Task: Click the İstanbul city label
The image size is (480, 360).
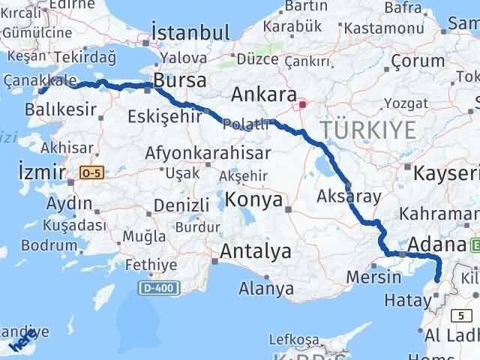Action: (x=190, y=32)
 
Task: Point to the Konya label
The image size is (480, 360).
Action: (x=254, y=200)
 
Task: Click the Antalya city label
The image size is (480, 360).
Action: (x=256, y=252)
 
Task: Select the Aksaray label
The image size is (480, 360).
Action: (x=349, y=196)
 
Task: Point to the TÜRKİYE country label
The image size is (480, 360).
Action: (x=367, y=130)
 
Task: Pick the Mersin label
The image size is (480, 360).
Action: (x=373, y=277)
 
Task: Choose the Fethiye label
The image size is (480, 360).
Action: (x=151, y=265)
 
